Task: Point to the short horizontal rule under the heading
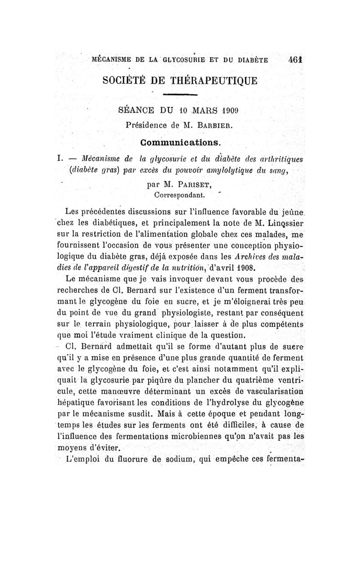pyautogui.click(x=180, y=95)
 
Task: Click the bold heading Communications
pyautogui.click(x=180, y=142)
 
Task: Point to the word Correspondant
pyautogui.click(x=180, y=195)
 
